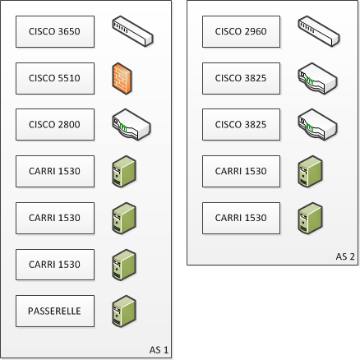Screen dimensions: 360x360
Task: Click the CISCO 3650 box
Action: [55, 31]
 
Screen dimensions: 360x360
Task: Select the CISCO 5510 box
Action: [55, 78]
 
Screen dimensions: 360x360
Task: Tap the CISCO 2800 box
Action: [55, 125]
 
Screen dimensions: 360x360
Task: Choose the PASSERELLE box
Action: [55, 311]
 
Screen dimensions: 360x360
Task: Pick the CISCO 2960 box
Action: [241, 31]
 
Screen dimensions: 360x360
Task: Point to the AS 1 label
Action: [159, 350]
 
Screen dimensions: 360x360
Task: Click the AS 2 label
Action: [345, 256]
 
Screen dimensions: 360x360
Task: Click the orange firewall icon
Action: [122, 78]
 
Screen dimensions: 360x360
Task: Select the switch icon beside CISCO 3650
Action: [132, 31]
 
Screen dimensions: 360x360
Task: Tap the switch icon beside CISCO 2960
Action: [319, 31]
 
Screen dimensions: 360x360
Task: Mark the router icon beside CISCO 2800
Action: [132, 125]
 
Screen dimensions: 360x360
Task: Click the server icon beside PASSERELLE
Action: [124, 312]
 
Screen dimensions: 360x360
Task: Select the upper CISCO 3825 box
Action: [241, 78]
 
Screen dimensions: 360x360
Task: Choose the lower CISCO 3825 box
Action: [241, 125]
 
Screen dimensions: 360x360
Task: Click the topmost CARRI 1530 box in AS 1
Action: [55, 172]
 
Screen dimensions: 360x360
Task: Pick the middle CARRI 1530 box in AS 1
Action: [55, 219]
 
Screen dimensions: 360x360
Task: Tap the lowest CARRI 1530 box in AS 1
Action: [55, 265]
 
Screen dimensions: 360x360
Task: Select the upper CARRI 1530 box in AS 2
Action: [241, 172]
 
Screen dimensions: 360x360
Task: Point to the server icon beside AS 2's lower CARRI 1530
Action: [310, 219]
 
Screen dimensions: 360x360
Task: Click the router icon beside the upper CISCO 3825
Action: [317, 78]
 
